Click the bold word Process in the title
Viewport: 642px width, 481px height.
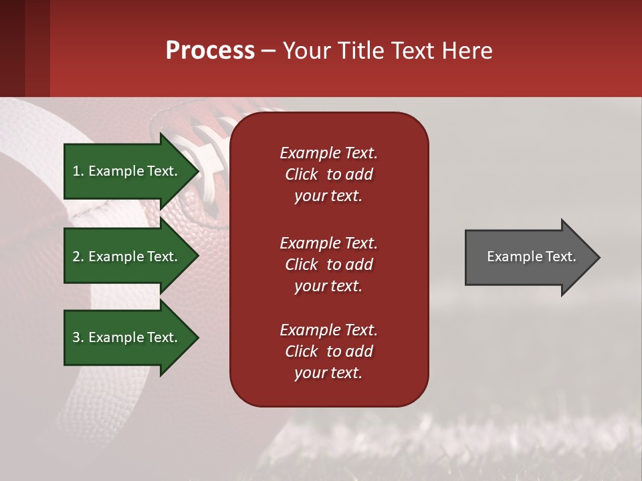210,51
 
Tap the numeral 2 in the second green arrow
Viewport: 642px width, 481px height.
76,257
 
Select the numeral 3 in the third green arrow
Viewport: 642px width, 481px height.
76,337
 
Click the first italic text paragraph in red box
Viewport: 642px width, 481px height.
328,174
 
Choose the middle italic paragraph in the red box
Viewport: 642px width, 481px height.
328,265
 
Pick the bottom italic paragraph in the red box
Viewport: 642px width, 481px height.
328,351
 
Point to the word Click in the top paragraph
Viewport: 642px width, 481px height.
301,174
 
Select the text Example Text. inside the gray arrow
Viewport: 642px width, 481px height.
531,257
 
